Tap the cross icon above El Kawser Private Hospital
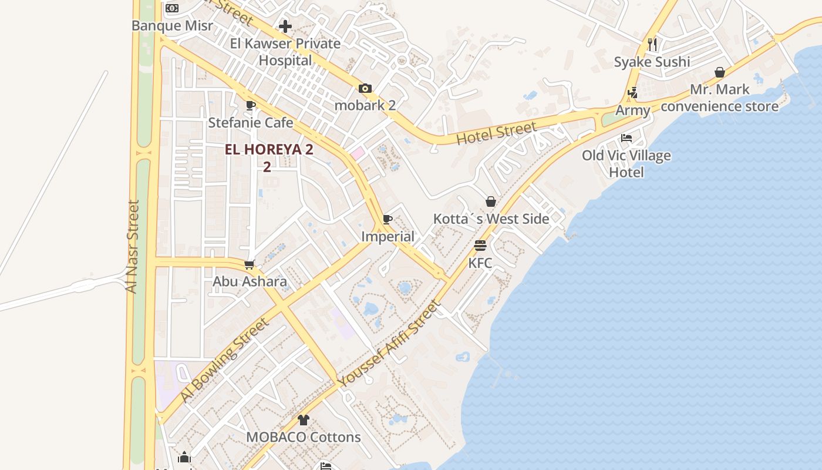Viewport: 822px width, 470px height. point(285,26)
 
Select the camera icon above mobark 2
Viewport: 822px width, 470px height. point(365,89)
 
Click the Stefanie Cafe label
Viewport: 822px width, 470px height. point(251,123)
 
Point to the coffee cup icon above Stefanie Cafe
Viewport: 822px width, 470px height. point(251,106)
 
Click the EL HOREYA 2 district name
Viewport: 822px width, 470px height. point(269,150)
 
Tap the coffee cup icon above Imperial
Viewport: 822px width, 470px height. point(388,220)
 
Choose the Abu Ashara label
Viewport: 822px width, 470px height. point(250,281)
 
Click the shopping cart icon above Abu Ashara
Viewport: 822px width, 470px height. point(250,264)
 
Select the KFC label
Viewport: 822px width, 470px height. point(480,263)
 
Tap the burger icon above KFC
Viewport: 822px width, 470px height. point(480,245)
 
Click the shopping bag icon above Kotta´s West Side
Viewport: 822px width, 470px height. point(491,202)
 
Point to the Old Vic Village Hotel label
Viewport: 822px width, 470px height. point(626,164)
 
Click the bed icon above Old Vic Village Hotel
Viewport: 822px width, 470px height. point(626,139)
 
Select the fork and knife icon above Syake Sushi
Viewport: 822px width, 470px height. point(652,45)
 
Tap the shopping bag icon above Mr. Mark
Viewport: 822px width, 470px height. point(720,72)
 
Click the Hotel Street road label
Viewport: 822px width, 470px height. point(497,133)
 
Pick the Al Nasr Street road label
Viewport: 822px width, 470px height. point(133,247)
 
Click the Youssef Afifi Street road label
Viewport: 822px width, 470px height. point(389,344)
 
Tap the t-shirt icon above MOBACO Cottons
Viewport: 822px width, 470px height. point(303,420)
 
